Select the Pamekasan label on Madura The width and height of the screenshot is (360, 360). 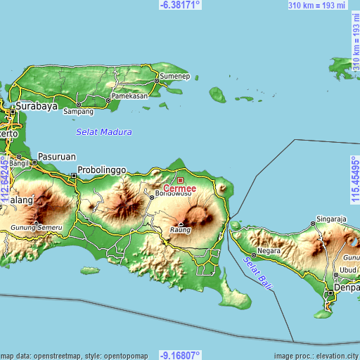click(x=131, y=95)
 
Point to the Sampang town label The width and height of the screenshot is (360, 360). click(x=78, y=111)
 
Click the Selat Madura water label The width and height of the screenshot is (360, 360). click(x=103, y=132)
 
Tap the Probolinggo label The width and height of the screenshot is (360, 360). click(x=101, y=169)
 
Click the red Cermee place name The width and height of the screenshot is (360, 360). click(x=179, y=188)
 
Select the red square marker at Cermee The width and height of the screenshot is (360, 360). click(x=179, y=180)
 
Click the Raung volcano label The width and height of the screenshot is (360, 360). click(x=180, y=229)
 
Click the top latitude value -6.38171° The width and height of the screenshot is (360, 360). click(x=180, y=4)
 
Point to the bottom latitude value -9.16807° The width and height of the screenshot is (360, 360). click(x=180, y=355)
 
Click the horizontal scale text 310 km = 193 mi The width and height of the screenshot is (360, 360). click(x=316, y=6)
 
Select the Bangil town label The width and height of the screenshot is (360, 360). click(x=19, y=163)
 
